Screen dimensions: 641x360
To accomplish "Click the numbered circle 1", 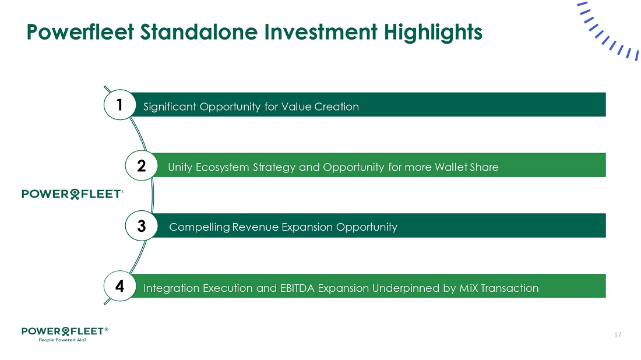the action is click(x=120, y=105).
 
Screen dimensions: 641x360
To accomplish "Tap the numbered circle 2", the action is click(x=142, y=165).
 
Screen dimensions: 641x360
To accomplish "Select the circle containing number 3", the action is click(x=142, y=225).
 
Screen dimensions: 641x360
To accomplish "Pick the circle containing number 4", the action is click(x=120, y=286).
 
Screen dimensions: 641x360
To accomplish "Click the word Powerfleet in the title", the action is click(x=80, y=32).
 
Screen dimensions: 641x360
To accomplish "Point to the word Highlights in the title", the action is click(x=433, y=33).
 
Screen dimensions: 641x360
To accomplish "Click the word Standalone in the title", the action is click(x=199, y=32).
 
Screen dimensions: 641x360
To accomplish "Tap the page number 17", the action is click(x=618, y=335).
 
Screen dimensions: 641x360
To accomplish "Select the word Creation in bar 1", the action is click(x=336, y=107).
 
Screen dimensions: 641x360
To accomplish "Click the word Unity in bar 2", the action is click(x=180, y=168).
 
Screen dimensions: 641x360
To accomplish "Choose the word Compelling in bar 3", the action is click(x=199, y=227).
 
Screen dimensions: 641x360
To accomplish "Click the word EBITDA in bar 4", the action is click(x=297, y=288).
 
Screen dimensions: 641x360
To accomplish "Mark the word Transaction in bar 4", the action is click(x=509, y=288).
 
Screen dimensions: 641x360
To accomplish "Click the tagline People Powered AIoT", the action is click(x=62, y=340).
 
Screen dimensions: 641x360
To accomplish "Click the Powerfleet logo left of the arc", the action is click(x=72, y=193).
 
